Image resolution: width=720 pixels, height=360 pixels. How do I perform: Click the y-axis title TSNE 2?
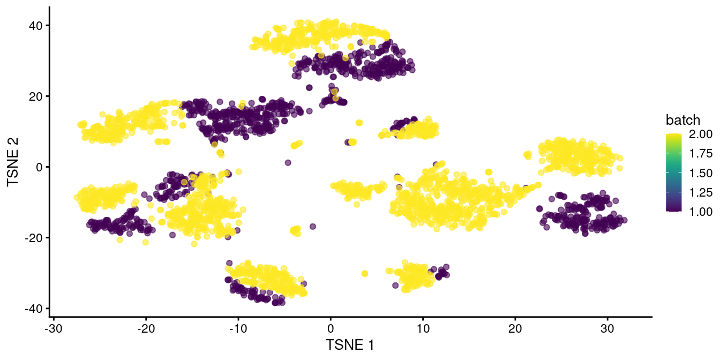click(14, 167)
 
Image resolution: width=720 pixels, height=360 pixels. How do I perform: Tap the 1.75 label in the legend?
click(701, 153)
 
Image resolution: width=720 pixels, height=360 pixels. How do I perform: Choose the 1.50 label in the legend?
click(701, 172)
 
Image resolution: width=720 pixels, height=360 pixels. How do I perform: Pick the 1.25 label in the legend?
click(701, 192)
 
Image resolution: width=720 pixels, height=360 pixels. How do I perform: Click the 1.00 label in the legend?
click(701, 211)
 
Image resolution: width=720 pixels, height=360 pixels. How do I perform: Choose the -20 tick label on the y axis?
click(35, 238)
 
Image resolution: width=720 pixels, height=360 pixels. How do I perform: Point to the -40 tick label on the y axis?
click(35, 309)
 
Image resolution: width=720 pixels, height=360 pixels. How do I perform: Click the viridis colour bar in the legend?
click(674, 172)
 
